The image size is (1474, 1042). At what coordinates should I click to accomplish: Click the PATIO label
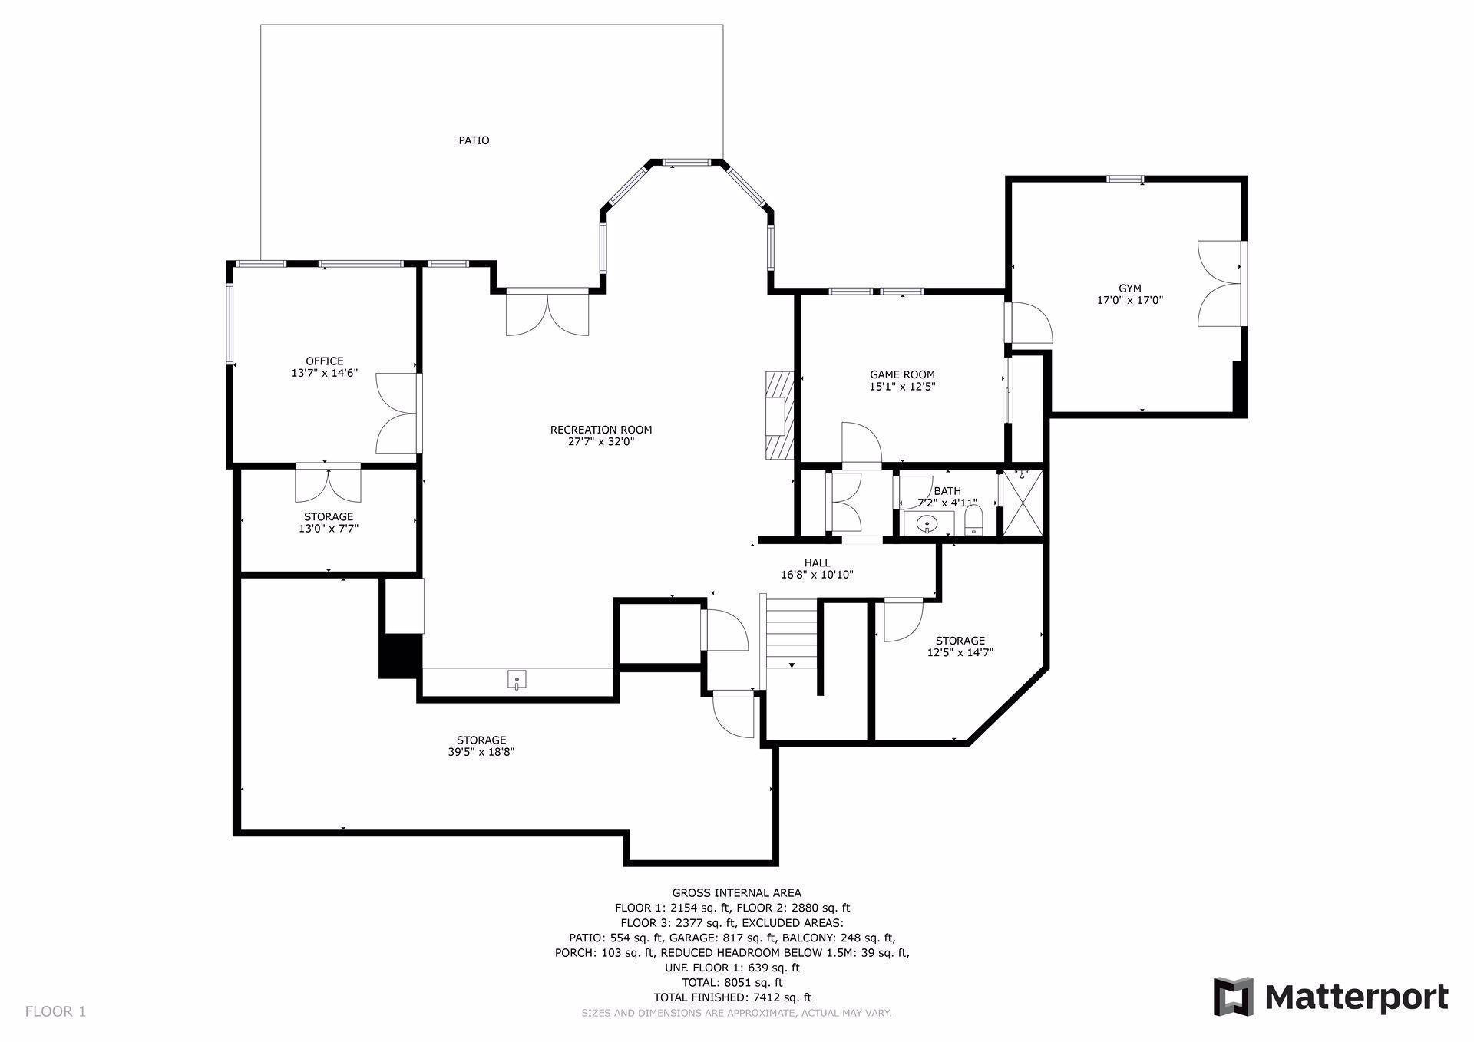point(474,140)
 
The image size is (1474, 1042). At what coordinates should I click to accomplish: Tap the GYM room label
point(1130,289)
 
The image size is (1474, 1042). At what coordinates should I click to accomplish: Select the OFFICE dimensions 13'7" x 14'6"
point(325,374)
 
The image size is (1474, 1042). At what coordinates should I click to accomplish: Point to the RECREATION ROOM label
point(601,430)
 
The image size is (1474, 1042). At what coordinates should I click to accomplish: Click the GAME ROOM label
point(902,374)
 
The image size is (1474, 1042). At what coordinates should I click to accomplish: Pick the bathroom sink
point(927,525)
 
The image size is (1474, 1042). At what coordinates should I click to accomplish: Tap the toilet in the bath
point(973,524)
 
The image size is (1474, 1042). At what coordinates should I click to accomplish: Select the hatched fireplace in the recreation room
point(778,415)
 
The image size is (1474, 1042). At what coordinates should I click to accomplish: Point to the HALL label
point(817,563)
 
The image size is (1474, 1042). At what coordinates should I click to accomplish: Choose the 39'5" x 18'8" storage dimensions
point(481,752)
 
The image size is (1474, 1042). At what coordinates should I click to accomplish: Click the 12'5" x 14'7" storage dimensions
point(960,653)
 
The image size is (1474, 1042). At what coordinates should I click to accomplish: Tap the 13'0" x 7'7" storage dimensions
point(329,528)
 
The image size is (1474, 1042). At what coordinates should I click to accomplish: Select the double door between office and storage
point(329,482)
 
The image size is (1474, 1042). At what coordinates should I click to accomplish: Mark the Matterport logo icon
point(1233,997)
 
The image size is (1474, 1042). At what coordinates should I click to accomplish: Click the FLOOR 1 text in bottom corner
point(55,1011)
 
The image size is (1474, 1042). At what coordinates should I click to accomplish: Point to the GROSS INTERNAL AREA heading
point(736,892)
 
